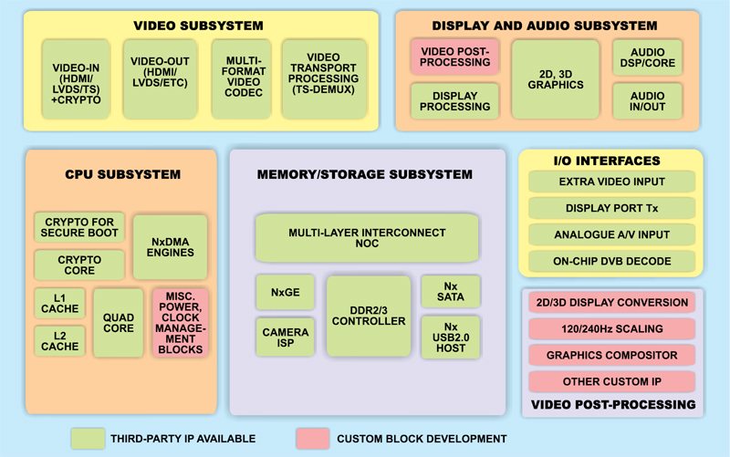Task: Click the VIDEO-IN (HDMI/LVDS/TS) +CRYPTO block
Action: tap(78, 78)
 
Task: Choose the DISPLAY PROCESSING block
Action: tap(454, 101)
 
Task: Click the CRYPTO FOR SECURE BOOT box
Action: tap(79, 227)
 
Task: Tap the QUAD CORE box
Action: tap(119, 323)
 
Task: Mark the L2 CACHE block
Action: tap(59, 340)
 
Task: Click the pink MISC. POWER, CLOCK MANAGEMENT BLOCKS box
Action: tap(180, 323)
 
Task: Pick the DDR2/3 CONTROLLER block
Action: tap(369, 316)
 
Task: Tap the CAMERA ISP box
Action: tap(286, 338)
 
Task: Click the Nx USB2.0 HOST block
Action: tap(451, 338)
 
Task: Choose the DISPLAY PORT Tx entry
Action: tap(611, 208)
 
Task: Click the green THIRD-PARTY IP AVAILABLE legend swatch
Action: tap(89, 438)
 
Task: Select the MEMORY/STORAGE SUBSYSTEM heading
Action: tap(365, 174)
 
